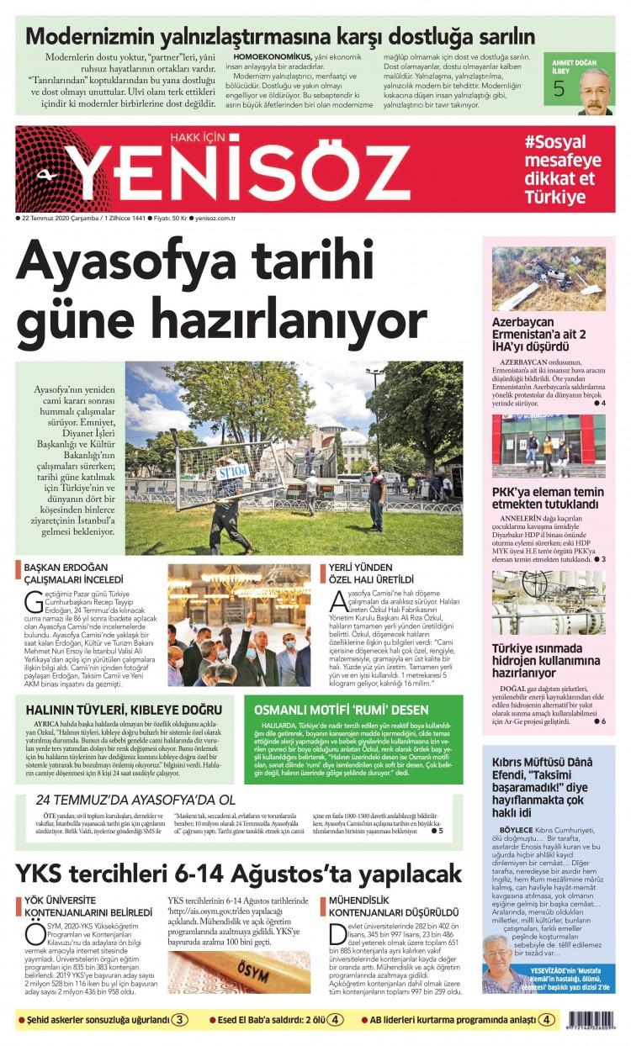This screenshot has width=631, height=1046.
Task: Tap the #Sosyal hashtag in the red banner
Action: (x=555, y=142)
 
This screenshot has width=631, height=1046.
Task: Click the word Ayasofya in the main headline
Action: (x=132, y=263)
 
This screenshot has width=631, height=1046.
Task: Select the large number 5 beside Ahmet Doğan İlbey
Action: (x=559, y=91)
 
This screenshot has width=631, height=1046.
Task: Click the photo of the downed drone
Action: (x=548, y=279)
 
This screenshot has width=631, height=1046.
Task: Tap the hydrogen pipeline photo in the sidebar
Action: (x=548, y=603)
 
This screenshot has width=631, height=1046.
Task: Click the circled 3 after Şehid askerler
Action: (x=180, y=1020)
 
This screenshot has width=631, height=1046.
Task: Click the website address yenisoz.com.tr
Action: (x=214, y=217)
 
